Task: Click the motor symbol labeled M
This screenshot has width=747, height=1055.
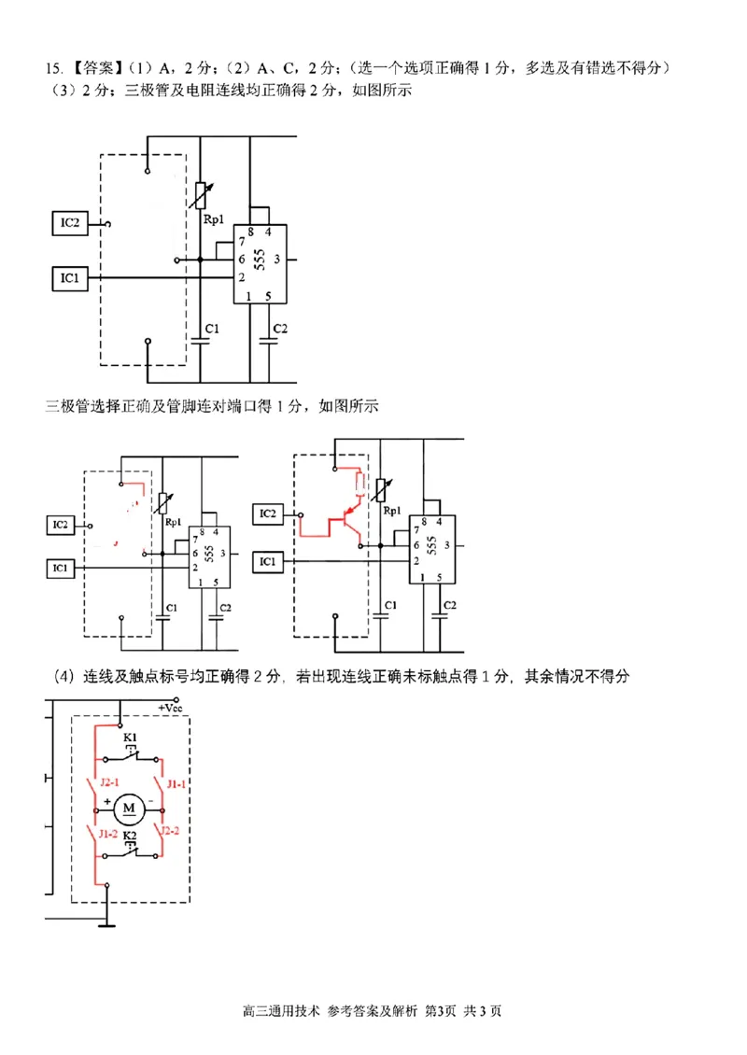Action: (129, 806)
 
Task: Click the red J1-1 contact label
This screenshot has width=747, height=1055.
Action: (176, 784)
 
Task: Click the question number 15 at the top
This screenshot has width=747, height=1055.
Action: (51, 68)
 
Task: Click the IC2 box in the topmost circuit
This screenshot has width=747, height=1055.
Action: (71, 223)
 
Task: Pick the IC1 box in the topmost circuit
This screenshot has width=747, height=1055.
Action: (71, 277)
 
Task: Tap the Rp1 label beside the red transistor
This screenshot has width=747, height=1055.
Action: (391, 511)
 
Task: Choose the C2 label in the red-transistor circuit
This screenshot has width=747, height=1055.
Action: (449, 605)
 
